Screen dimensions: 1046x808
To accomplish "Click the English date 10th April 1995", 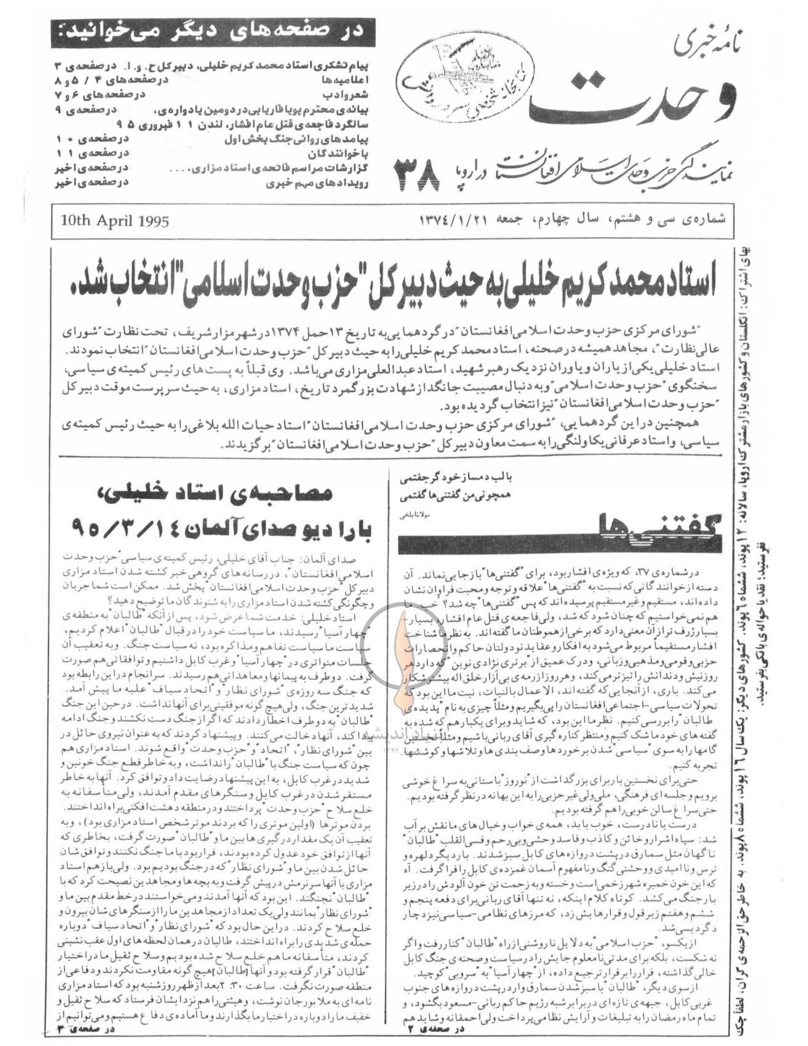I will pos(115,222).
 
